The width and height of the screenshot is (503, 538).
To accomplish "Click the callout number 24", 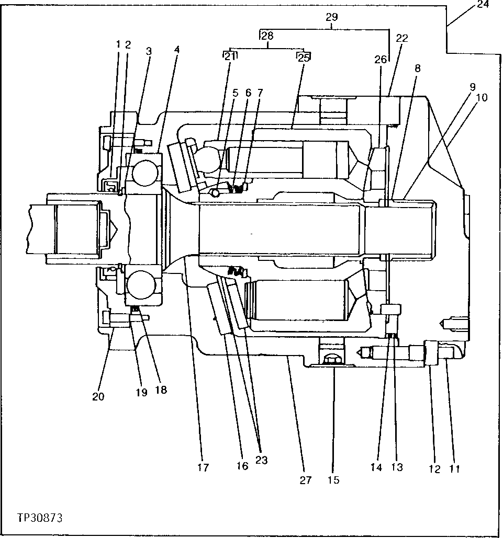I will [483, 6].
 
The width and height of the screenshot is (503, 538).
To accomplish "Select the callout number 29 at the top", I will [331, 17].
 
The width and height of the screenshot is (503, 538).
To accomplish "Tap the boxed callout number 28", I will [267, 36].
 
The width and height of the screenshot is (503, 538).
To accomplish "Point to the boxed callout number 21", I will [230, 56].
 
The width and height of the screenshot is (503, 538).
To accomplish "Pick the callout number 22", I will [402, 39].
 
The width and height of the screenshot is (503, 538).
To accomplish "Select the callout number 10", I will [481, 97].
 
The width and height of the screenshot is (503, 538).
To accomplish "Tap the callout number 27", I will [306, 480].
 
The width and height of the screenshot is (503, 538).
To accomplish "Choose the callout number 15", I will [333, 480].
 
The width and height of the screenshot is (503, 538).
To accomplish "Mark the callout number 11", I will [454, 469].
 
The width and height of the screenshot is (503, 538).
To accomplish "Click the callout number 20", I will [98, 396].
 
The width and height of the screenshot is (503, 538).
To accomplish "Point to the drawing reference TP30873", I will [40, 518].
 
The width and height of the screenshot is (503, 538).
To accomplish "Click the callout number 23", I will [261, 460].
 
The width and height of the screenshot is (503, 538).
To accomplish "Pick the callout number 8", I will [417, 68].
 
